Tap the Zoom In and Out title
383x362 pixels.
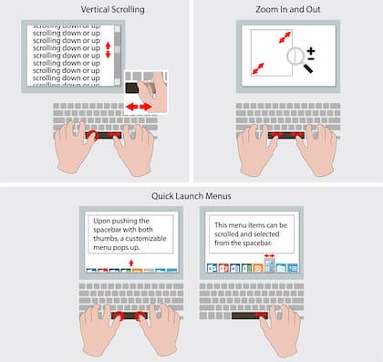[287, 9]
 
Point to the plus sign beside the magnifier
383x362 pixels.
[310, 51]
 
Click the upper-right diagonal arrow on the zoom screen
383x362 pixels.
[286, 37]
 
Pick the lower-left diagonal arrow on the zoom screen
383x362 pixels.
[257, 67]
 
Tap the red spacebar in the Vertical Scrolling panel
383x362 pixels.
[101, 135]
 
